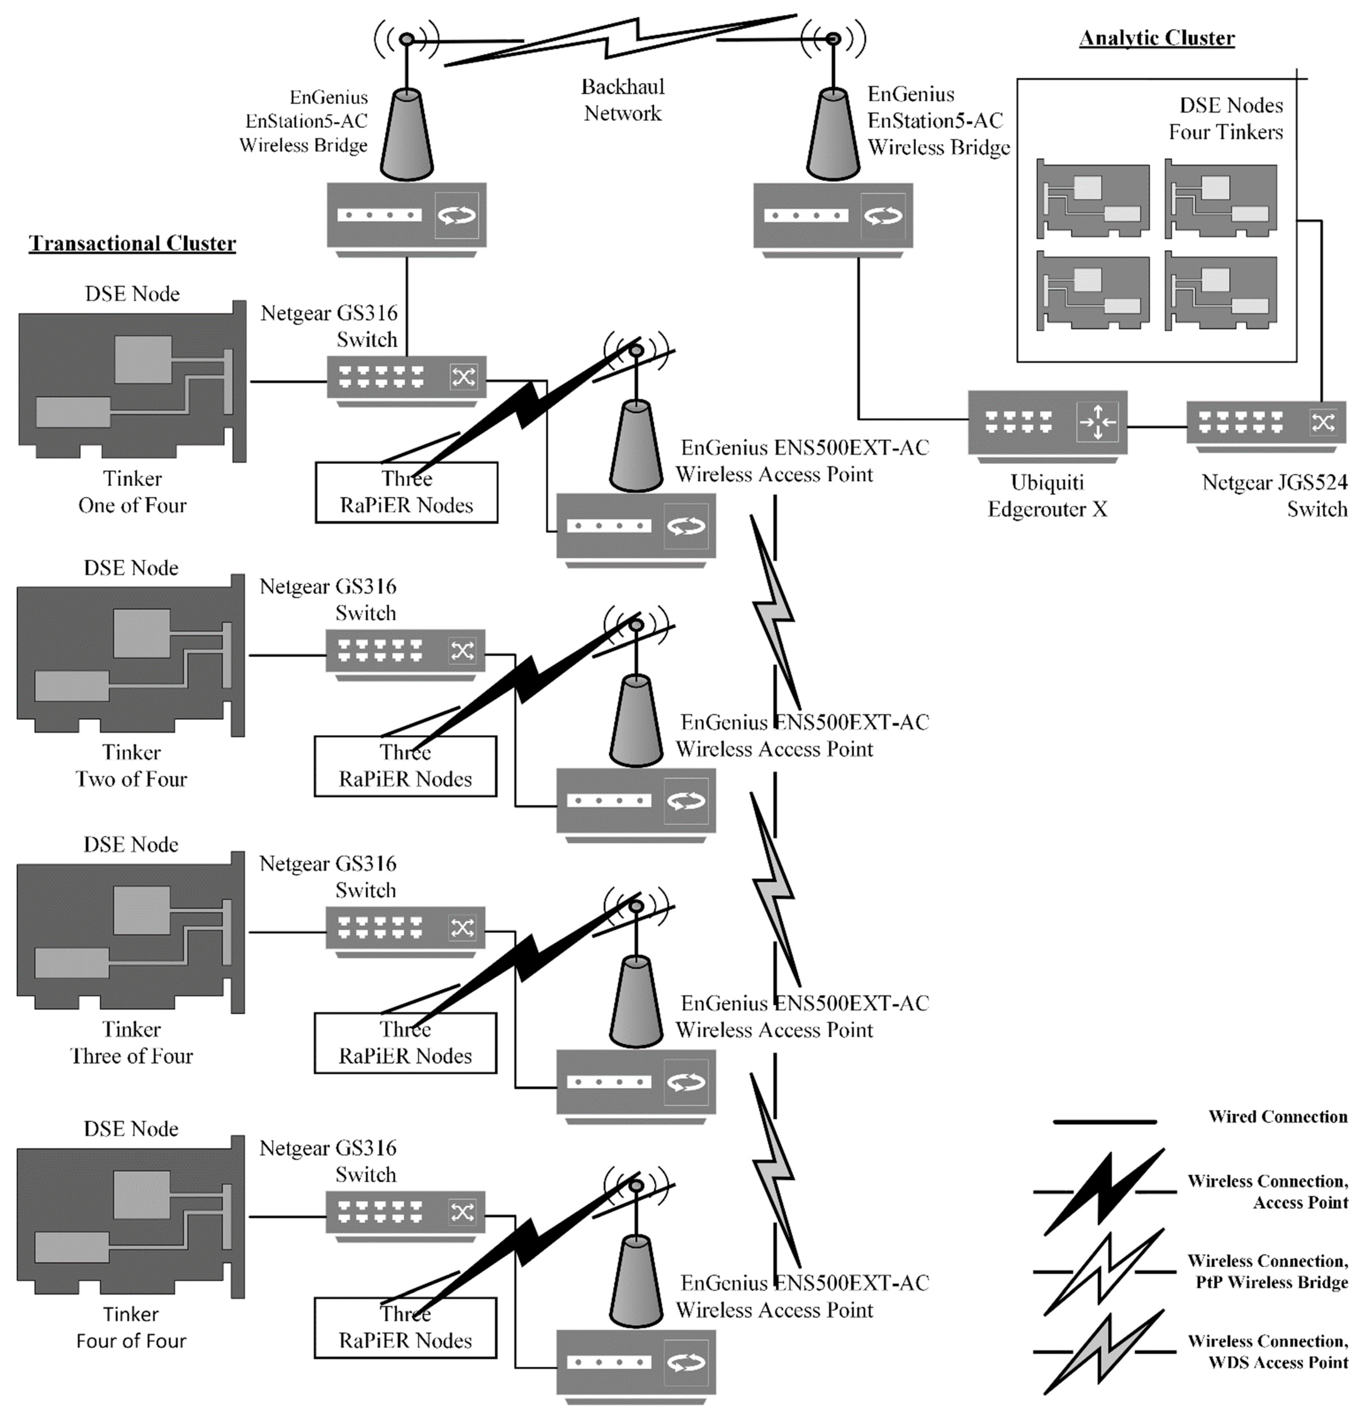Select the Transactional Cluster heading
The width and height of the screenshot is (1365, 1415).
[x=132, y=243]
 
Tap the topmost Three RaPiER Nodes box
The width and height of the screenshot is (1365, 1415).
[x=406, y=492]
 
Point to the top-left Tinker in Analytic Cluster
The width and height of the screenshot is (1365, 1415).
[x=1092, y=199]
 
